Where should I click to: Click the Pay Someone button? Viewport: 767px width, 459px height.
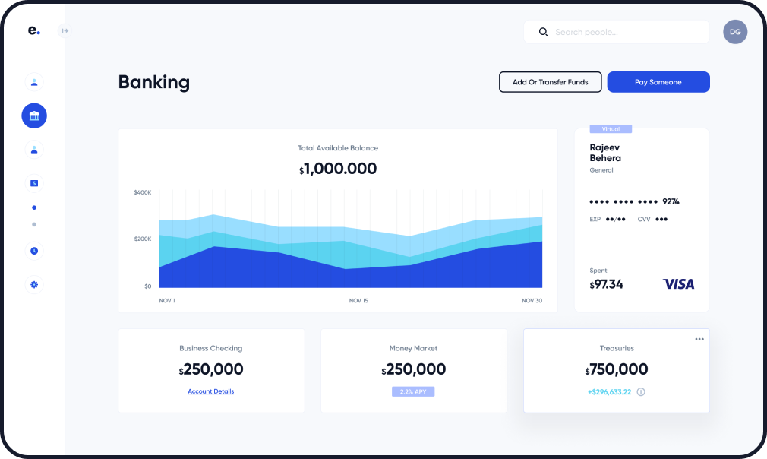click(x=658, y=82)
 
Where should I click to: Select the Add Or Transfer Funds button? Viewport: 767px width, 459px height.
click(x=550, y=82)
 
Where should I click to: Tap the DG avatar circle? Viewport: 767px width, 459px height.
click(x=734, y=32)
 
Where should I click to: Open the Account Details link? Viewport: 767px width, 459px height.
click(x=211, y=391)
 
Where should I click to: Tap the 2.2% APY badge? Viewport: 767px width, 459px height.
click(x=413, y=391)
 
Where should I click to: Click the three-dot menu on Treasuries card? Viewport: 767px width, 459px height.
click(x=699, y=339)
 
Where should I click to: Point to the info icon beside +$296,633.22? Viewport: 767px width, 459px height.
click(x=641, y=392)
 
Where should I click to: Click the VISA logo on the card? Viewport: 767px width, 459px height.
click(x=678, y=284)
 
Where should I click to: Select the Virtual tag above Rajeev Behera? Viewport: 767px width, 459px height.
click(x=611, y=129)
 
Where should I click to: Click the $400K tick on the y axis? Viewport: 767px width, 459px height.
click(x=143, y=192)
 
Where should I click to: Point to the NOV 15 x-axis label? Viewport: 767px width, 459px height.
click(x=358, y=301)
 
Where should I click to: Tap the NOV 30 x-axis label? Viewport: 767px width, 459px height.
click(x=532, y=301)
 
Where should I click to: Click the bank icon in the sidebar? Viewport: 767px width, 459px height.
click(x=34, y=116)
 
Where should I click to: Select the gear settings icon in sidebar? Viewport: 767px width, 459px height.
click(x=34, y=285)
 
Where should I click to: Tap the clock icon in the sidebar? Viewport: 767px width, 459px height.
click(x=34, y=251)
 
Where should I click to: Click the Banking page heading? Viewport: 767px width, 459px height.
click(x=154, y=82)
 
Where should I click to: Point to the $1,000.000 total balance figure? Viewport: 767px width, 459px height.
click(x=338, y=169)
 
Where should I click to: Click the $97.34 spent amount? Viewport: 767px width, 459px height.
click(x=607, y=284)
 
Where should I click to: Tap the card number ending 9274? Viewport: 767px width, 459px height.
click(x=634, y=201)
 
